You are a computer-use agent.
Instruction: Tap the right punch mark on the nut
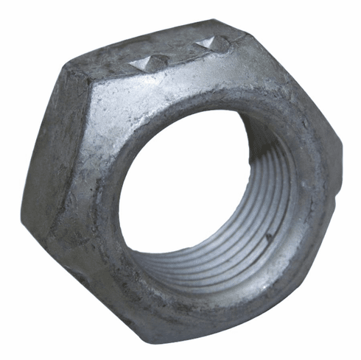208,46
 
